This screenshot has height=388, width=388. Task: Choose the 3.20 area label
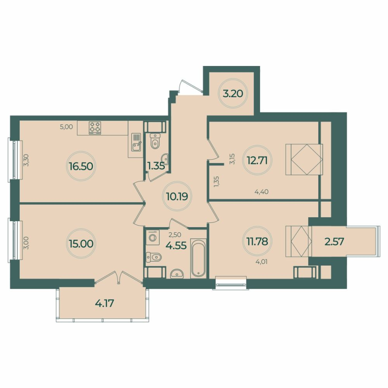click(232, 93)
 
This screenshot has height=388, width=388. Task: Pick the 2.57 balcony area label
click(334, 242)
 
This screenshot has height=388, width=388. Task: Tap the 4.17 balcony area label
click(105, 304)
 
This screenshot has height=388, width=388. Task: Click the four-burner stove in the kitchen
click(95, 128)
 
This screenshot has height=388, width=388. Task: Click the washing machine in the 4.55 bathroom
click(153, 238)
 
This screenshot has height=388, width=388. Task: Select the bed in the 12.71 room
click(304, 159)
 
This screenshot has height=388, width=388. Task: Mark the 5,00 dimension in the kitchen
click(66, 127)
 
